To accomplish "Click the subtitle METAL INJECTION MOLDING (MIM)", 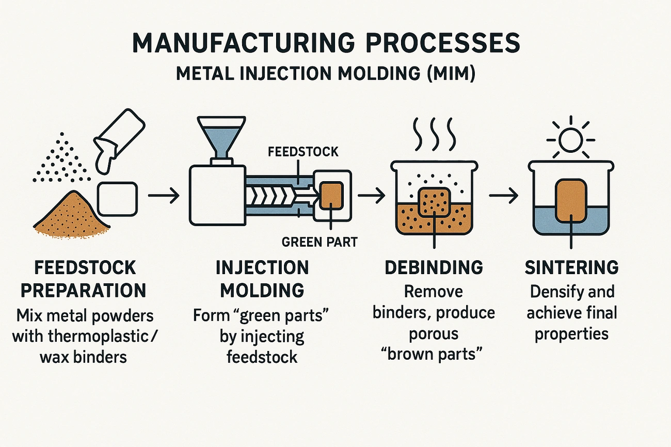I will tap(325, 73).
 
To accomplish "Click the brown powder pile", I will tap(71, 214).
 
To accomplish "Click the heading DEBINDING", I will tap(434, 267).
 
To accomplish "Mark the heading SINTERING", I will tap(571, 267).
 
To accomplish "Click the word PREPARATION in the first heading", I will tap(83, 290).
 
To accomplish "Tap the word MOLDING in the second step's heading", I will tap(262, 290).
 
